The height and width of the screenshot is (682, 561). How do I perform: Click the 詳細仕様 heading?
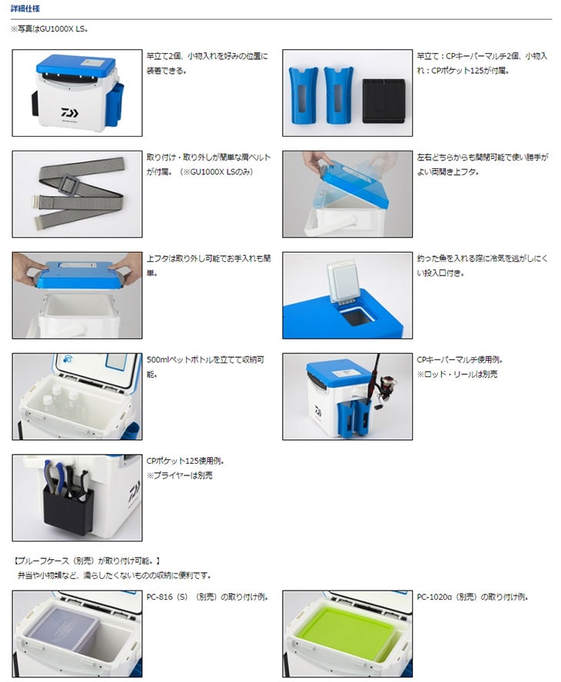(25, 8)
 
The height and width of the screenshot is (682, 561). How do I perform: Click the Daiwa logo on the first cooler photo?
(69, 113)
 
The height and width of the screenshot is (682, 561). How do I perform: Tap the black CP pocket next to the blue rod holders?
(384, 101)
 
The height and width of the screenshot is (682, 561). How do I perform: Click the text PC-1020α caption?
(472, 598)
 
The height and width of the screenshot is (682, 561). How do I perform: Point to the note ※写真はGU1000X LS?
(49, 29)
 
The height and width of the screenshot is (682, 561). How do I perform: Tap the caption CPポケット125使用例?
(185, 461)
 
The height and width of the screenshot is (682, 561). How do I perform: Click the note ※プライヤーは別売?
(180, 475)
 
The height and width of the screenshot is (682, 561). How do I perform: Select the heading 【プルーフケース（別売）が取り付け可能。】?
(88, 561)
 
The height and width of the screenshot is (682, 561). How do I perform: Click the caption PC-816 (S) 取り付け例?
(207, 598)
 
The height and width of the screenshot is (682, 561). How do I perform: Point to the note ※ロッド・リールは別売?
(457, 374)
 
